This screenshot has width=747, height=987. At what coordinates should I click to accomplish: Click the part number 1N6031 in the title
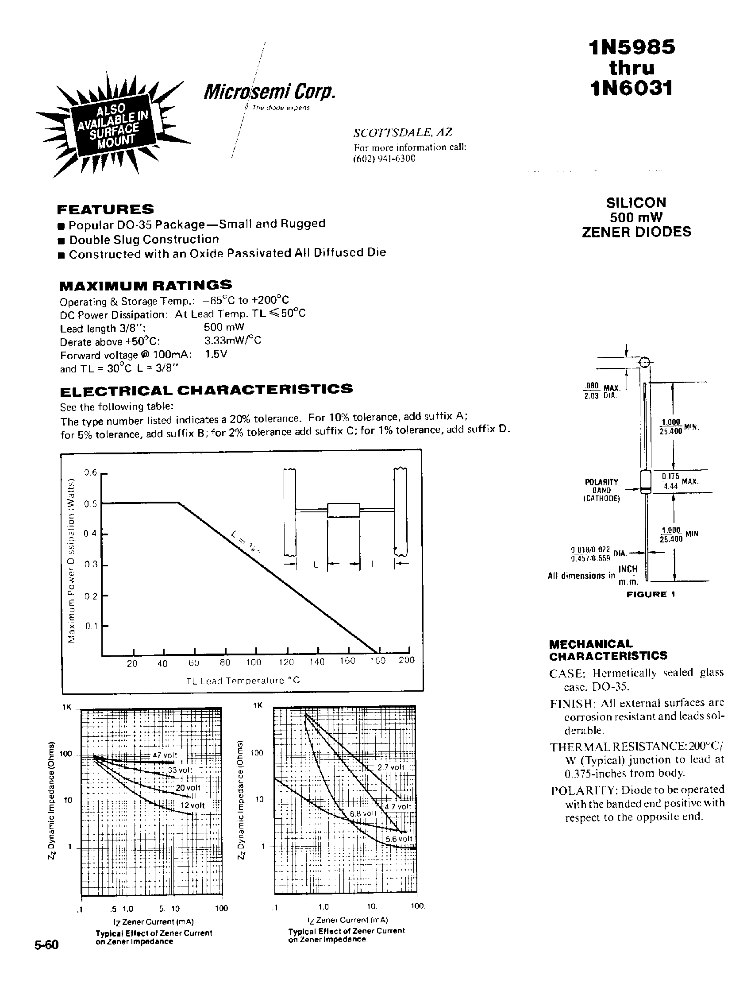pyautogui.click(x=631, y=88)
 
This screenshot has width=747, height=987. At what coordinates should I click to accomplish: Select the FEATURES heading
pyautogui.click(x=106, y=209)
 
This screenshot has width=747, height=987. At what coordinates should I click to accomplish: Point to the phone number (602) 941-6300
pyautogui.click(x=384, y=159)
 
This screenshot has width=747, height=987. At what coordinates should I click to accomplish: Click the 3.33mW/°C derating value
pyautogui.click(x=232, y=341)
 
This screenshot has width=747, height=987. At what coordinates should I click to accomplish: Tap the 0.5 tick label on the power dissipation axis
pyautogui.click(x=91, y=504)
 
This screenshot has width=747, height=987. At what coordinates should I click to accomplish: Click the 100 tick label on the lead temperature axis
pyautogui.click(x=253, y=662)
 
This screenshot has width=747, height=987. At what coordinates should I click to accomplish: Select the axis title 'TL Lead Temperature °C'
pyautogui.click(x=243, y=681)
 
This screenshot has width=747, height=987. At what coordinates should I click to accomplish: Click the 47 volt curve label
pyautogui.click(x=165, y=755)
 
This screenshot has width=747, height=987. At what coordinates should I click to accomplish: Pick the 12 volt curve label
pyautogui.click(x=192, y=805)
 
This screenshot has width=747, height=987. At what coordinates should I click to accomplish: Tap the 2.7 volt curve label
pyautogui.click(x=391, y=767)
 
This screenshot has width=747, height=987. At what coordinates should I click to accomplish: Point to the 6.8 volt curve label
pyautogui.click(x=363, y=813)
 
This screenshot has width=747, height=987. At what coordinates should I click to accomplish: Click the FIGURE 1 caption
pyautogui.click(x=651, y=594)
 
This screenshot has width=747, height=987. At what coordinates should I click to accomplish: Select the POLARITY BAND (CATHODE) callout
pyautogui.click(x=601, y=489)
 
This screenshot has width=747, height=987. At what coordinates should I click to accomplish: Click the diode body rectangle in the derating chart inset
pyautogui.click(x=343, y=510)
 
